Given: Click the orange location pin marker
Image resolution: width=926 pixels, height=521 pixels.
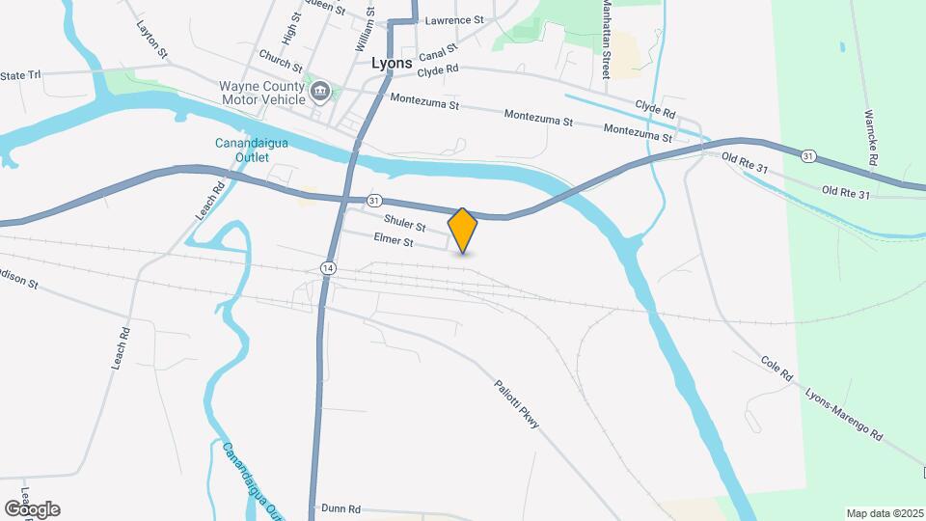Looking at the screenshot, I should tap(463, 230).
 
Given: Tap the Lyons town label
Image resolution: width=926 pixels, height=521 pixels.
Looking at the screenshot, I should tap(393, 62).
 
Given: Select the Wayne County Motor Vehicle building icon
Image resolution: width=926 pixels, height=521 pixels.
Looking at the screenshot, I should tap(321, 93).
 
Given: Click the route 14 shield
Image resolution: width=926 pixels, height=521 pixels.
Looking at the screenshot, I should tap(329, 267).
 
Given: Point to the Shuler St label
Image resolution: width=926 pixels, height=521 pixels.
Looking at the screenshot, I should tap(405, 225).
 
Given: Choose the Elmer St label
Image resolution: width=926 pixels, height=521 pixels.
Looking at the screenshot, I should tap(394, 242).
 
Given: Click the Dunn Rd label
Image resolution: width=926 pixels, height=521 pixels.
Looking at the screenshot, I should tap(340, 508).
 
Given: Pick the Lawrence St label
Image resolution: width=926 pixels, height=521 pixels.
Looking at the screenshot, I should tap(454, 19).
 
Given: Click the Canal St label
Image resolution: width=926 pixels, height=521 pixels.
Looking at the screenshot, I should tap(437, 58).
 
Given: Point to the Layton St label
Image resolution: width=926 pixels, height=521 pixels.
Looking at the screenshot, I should tap(153, 40).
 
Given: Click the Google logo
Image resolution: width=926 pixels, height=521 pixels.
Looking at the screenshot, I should tap(32, 509).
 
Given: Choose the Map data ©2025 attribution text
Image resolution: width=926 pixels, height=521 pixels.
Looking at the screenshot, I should tap(885, 513).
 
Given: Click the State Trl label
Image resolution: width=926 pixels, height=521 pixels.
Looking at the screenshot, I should tap(21, 75).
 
